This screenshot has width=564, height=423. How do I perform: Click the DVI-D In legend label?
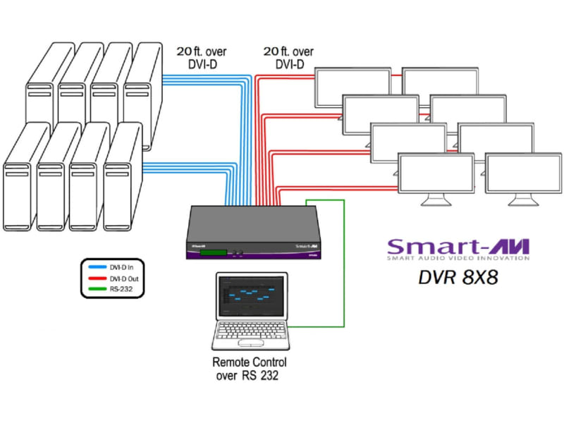[122, 269]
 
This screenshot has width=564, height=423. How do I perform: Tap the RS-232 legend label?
[121, 288]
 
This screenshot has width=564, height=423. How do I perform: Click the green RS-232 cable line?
[343, 268]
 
